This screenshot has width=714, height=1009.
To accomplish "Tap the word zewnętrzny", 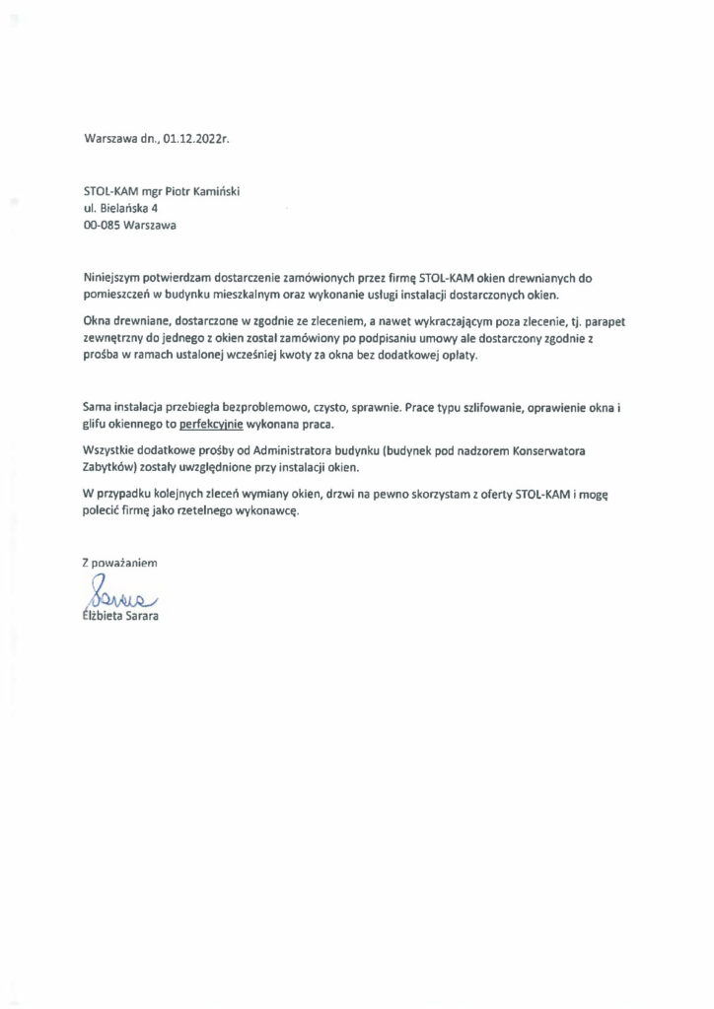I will click(114, 338).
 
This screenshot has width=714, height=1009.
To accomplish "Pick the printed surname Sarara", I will click(143, 616).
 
